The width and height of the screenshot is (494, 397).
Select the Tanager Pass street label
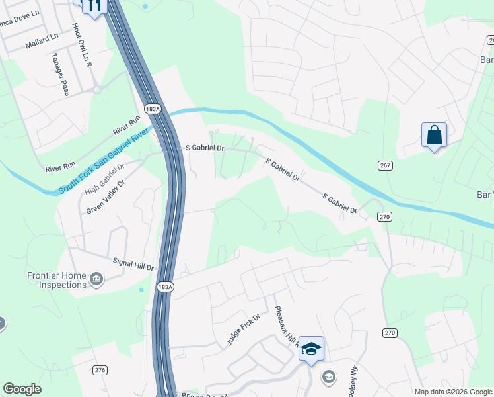(60, 74)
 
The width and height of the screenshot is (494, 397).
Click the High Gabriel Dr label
(104, 179)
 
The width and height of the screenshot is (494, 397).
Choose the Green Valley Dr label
(105, 196)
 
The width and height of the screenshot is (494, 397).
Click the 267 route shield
(384, 165)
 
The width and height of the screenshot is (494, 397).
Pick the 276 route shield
(100, 370)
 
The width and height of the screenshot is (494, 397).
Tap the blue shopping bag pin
(434, 135)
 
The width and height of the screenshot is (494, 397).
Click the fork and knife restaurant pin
(93, 6)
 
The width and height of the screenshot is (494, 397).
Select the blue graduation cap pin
(311, 349)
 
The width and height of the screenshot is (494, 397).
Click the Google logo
(22, 389)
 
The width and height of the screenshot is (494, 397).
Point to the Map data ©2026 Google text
(452, 392)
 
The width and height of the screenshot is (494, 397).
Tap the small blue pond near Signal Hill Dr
(141, 289)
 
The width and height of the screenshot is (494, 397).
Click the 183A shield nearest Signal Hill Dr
(165, 287)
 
